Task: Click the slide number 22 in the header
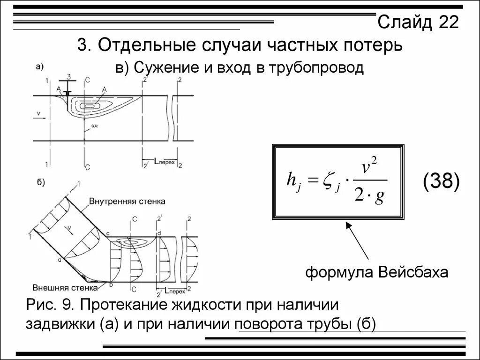click(x=448, y=22)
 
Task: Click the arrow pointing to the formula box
click(x=359, y=241)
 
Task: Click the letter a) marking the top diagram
click(x=39, y=67)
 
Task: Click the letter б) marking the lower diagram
click(x=40, y=182)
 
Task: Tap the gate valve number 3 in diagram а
click(x=69, y=76)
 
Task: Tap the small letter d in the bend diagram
click(x=159, y=233)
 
